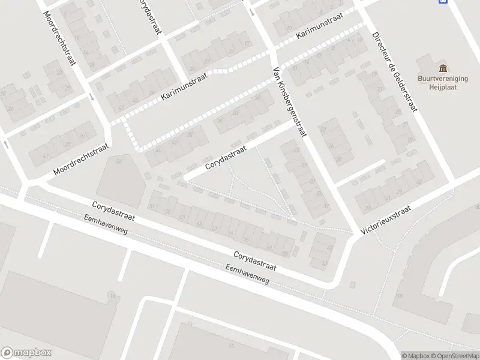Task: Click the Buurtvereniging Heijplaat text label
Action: (443, 82)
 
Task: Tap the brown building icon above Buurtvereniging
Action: (443, 67)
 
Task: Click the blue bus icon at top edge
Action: (443, 2)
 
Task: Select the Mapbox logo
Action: (26, 352)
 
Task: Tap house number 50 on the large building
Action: (118, 161)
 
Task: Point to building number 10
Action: (230, 346)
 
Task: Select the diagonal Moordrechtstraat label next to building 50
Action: (81, 159)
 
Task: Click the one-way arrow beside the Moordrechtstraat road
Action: (91, 96)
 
